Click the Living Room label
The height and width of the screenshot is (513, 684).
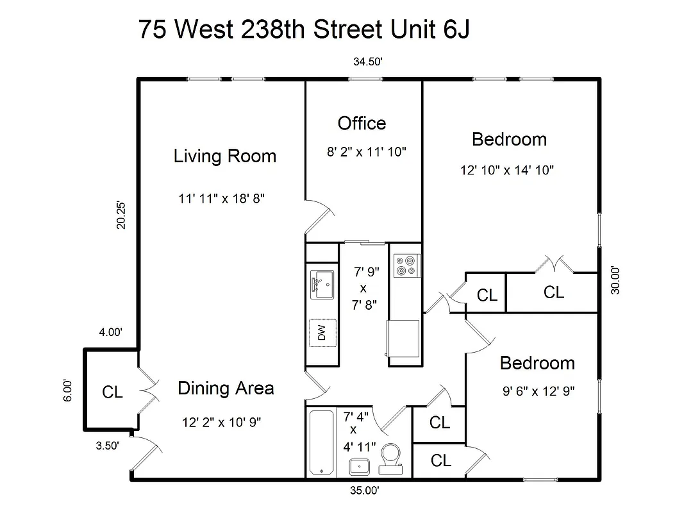(x=224, y=156)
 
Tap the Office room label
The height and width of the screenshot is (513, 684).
(x=362, y=123)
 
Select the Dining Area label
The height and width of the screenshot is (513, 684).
(x=226, y=388)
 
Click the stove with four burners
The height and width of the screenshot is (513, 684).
(x=405, y=265)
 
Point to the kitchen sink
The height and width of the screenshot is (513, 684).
(x=322, y=284)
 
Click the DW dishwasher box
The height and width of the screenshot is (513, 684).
(x=322, y=332)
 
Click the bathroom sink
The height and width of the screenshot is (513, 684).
(x=360, y=467)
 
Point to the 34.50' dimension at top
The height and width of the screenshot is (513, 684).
(x=367, y=62)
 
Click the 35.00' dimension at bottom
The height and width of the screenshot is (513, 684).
(x=365, y=491)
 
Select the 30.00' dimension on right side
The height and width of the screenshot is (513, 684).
(x=615, y=280)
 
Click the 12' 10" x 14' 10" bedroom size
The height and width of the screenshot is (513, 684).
(x=506, y=171)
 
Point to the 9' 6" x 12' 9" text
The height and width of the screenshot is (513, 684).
(x=538, y=391)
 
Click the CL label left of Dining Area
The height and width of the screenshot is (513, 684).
(x=112, y=392)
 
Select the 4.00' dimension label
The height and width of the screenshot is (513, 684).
(x=110, y=332)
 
